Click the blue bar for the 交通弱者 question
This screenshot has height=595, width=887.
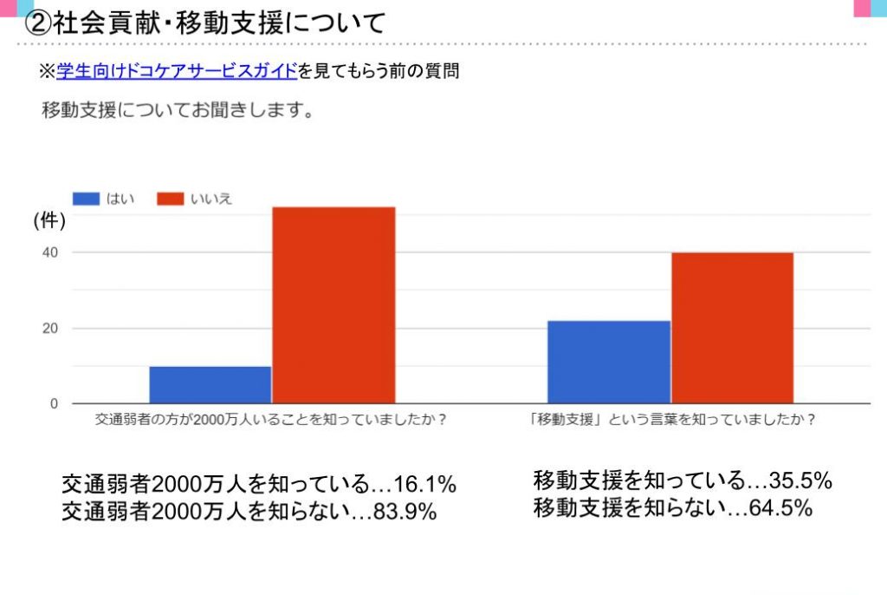pyautogui.click(x=210, y=384)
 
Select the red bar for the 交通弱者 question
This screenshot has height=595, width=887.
pyautogui.click(x=333, y=304)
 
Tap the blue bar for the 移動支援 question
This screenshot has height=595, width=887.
pyautogui.click(x=609, y=362)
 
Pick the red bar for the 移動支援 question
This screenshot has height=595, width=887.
pyautogui.click(x=732, y=328)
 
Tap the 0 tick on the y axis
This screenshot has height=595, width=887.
pyautogui.click(x=53, y=404)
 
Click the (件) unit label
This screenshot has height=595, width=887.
pyautogui.click(x=49, y=222)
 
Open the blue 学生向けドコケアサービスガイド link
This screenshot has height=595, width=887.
pyautogui.click(x=177, y=72)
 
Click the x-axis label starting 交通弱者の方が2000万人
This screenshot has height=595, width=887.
pyautogui.click(x=272, y=419)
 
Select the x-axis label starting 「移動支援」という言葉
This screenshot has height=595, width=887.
pyautogui.click(x=673, y=419)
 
